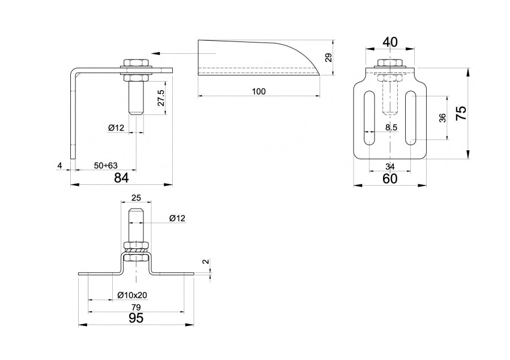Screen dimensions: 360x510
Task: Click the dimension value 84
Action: [121, 177]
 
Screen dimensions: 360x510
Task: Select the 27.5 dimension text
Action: [161, 98]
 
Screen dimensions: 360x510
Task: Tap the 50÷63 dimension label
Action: [106, 166]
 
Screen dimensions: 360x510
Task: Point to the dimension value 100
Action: [259, 91]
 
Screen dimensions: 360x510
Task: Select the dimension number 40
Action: [390, 43]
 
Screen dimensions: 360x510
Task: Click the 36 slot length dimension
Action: [443, 117]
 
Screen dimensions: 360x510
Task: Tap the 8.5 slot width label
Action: [391, 128]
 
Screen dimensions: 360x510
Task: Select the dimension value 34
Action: [390, 166]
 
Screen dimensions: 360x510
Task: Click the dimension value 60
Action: [390, 179]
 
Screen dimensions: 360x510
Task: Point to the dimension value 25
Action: [136, 198]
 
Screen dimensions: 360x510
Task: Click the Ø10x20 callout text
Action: [133, 295]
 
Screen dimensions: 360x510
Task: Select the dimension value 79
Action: [136, 307]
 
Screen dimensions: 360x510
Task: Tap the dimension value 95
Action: [136, 319]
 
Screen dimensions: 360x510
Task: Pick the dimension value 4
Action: [59, 166]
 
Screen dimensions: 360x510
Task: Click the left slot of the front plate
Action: [369, 118]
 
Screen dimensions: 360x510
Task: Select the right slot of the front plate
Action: [411, 118]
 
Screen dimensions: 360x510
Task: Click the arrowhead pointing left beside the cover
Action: [155, 53]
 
